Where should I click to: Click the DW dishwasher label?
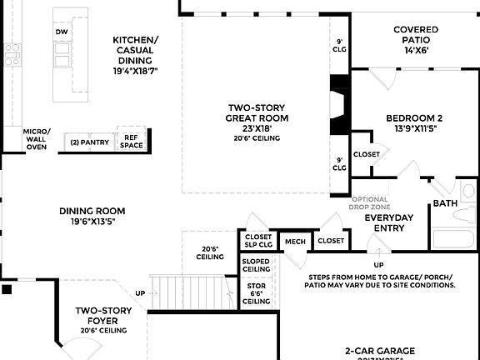[62, 32]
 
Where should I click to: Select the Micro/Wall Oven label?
[37, 139]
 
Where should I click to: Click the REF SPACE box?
[131, 142]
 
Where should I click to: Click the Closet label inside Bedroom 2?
[367, 154]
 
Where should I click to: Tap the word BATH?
[444, 203]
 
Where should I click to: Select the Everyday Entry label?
[388, 222]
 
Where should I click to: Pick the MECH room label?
[295, 242]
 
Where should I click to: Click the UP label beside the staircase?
[140, 293]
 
